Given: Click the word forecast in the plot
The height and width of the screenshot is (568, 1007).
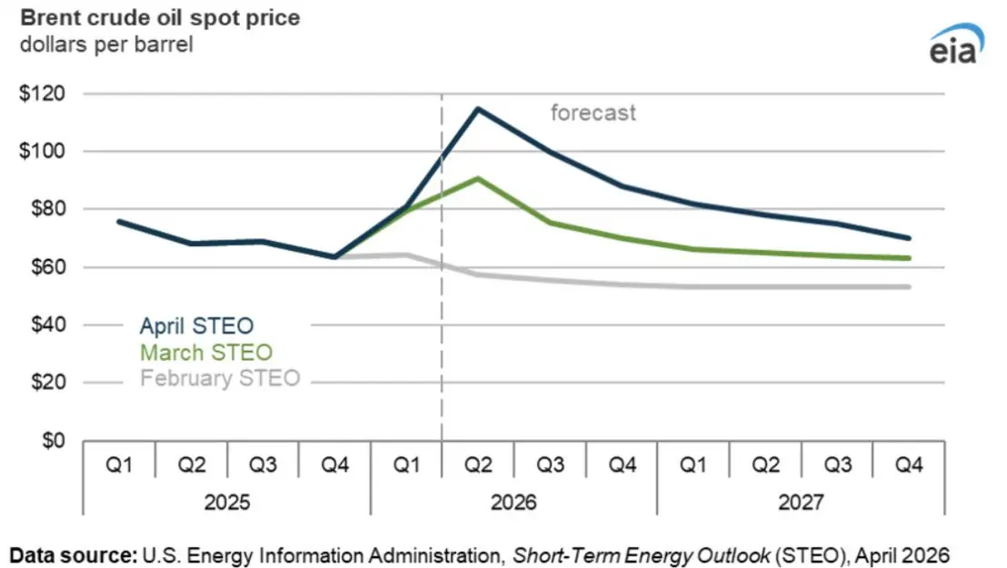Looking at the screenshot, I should point(593,114).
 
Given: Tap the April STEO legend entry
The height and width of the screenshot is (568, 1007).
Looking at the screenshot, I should point(196,325).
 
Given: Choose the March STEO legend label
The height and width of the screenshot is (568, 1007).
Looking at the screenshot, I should point(205,352).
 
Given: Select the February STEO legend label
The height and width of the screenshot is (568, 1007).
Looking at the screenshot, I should point(219,378).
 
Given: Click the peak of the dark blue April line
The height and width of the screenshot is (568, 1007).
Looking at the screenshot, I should point(478,109).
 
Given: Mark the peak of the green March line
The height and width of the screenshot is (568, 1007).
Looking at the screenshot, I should point(478,178).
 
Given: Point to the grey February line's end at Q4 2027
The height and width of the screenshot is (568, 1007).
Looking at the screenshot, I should point(909,287).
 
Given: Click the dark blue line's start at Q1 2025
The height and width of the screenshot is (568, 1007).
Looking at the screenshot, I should point(119,221).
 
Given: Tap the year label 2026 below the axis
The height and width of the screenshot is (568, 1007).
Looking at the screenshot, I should point(513,502).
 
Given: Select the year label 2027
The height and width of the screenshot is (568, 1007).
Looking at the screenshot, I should point(801,502).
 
